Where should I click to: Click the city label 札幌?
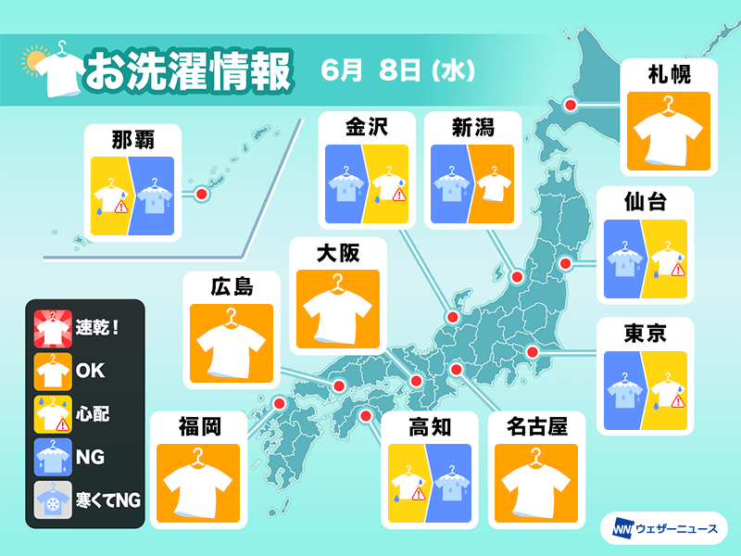pyautogui.click(x=667, y=73)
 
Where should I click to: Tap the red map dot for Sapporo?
pyautogui.click(x=571, y=107)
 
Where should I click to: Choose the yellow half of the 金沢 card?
pyautogui.click(x=386, y=185)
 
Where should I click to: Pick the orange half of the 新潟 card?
pyautogui.click(x=488, y=185)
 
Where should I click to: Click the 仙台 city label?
pyautogui.click(x=645, y=201)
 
